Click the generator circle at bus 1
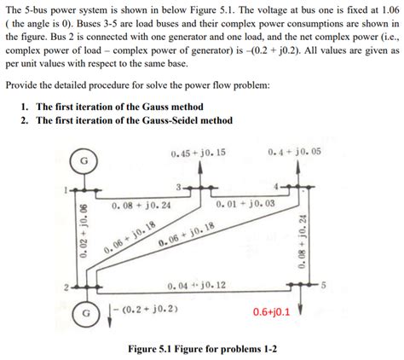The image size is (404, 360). click(84, 160)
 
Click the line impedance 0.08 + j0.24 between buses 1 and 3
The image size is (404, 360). click(141, 206)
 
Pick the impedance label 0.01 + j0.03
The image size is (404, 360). click(245, 205)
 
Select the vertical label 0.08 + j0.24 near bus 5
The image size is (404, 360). click(303, 241)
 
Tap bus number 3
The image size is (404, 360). click(179, 185)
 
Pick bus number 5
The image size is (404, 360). click(323, 286)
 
